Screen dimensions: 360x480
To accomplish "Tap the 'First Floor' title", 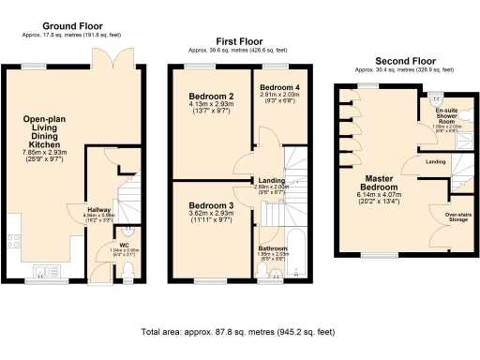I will [240, 41].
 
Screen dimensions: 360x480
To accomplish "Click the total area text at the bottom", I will [238, 332].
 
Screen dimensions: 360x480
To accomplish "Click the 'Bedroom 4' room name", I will [279, 86].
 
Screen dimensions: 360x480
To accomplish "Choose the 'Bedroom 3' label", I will [211, 205].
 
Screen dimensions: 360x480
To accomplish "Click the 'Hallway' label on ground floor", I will [99, 210].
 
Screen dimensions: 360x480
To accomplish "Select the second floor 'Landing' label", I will [435, 161].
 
